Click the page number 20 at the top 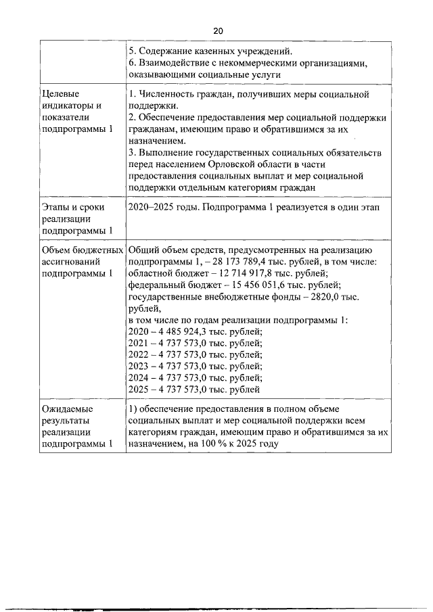217,31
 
